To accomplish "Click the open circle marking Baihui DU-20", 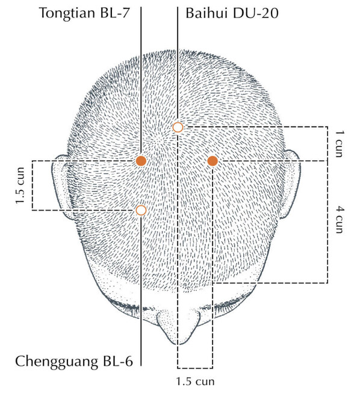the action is coord(178,127).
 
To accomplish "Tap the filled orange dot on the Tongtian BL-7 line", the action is coord(141,161).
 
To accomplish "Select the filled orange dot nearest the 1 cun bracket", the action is coord(213,161).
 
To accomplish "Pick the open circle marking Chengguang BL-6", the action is coord(141,210).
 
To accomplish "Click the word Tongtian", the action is coord(67,13).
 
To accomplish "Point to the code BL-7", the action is coord(115,13).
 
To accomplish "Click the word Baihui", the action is coord(206,13).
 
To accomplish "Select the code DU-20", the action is coord(255,13).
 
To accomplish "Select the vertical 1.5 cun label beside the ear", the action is coord(20,185).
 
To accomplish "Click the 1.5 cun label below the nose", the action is coord(195,382).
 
